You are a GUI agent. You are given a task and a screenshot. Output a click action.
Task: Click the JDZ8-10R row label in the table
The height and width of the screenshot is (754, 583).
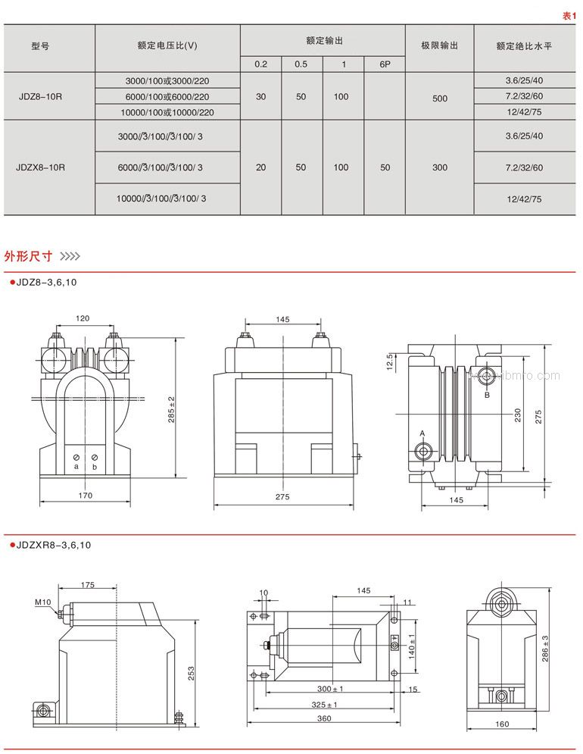click(41, 97)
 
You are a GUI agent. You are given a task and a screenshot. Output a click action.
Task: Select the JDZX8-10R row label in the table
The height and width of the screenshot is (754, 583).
click(41, 167)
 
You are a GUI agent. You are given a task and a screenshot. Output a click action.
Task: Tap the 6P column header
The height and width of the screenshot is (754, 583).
click(385, 64)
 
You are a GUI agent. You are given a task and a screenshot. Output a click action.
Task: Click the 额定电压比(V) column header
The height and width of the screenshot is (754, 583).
click(167, 45)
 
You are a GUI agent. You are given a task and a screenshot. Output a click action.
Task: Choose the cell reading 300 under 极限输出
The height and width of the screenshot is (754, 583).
click(439, 167)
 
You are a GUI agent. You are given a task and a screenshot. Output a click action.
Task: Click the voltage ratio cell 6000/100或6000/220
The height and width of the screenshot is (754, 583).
click(167, 97)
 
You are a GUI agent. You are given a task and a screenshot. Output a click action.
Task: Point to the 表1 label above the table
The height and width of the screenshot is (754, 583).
click(569, 15)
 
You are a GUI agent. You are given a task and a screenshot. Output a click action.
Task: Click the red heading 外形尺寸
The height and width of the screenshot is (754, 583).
click(28, 256)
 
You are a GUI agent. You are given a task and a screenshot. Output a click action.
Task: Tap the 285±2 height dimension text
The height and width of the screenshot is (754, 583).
click(171, 409)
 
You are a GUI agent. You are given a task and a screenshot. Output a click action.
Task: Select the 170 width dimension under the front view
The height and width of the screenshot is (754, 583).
click(85, 496)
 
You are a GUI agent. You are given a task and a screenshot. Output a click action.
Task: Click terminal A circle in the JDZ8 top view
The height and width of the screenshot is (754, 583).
click(424, 452)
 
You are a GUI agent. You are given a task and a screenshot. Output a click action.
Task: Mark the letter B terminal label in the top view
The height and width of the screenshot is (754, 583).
click(488, 395)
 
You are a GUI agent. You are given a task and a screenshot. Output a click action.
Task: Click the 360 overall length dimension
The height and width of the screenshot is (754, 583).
click(325, 718)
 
